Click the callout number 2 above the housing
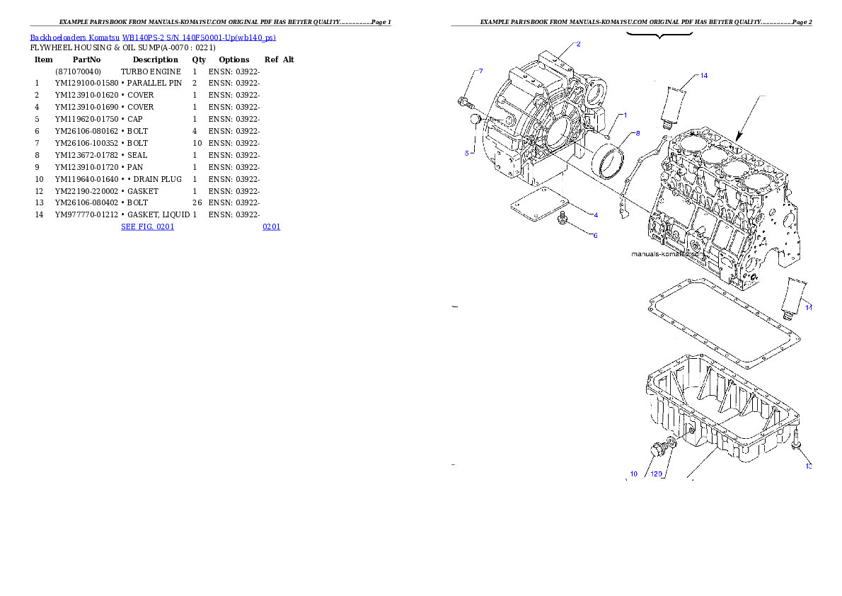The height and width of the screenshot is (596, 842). [x=578, y=44]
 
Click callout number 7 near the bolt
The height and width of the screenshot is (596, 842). [x=480, y=71]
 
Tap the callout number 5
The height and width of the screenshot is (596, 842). [x=467, y=152]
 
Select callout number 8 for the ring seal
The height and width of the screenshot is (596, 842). [x=637, y=133]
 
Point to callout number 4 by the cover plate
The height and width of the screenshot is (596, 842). [x=595, y=214]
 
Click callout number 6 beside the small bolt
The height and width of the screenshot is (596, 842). [x=595, y=235]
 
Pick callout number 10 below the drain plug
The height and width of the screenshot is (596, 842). [x=633, y=474]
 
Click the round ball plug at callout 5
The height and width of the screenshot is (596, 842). [x=476, y=119]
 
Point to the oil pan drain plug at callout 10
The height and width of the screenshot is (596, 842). [x=657, y=449]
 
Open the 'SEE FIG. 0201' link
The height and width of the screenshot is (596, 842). [x=147, y=227]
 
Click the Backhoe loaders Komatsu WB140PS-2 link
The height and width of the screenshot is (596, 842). [x=153, y=37]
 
